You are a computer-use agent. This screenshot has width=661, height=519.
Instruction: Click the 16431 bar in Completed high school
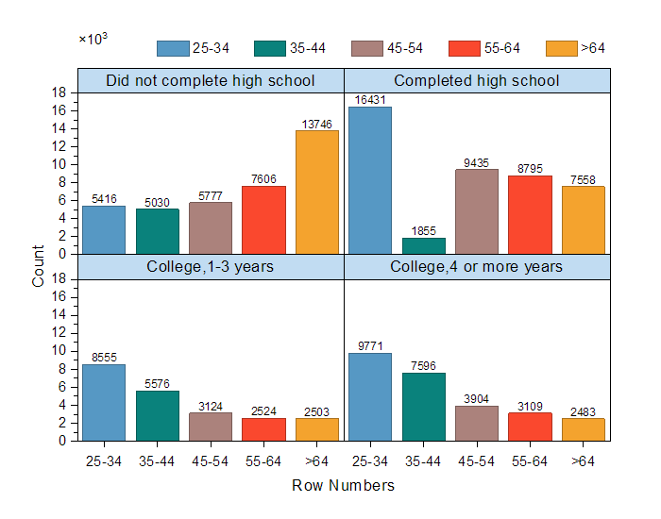coord(370,180)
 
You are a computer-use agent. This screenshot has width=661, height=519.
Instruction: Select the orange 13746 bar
coord(317,192)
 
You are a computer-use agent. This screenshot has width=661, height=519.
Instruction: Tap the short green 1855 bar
coord(424,245)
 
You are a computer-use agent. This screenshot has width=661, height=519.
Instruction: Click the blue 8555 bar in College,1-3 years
coord(104,402)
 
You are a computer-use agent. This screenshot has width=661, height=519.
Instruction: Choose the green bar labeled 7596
coord(424,407)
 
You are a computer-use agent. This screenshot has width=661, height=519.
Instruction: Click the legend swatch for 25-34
coord(173,48)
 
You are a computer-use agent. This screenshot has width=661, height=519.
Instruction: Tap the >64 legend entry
coord(577,48)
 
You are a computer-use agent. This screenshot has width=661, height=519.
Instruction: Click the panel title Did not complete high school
coord(211,80)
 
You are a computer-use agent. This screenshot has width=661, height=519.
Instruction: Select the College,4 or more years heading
coord(477,267)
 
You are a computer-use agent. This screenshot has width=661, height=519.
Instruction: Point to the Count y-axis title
coord(39,266)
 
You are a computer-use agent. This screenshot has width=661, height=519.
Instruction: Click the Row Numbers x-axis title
coord(344,486)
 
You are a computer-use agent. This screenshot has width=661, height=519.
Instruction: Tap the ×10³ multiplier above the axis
coord(93,39)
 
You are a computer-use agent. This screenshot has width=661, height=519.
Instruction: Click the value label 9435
coord(477,162)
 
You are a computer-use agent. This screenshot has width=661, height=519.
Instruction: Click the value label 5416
coord(104,199)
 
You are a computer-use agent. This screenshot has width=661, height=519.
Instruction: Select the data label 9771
coord(370,346)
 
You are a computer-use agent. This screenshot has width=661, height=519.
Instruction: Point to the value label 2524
coord(263,411)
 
